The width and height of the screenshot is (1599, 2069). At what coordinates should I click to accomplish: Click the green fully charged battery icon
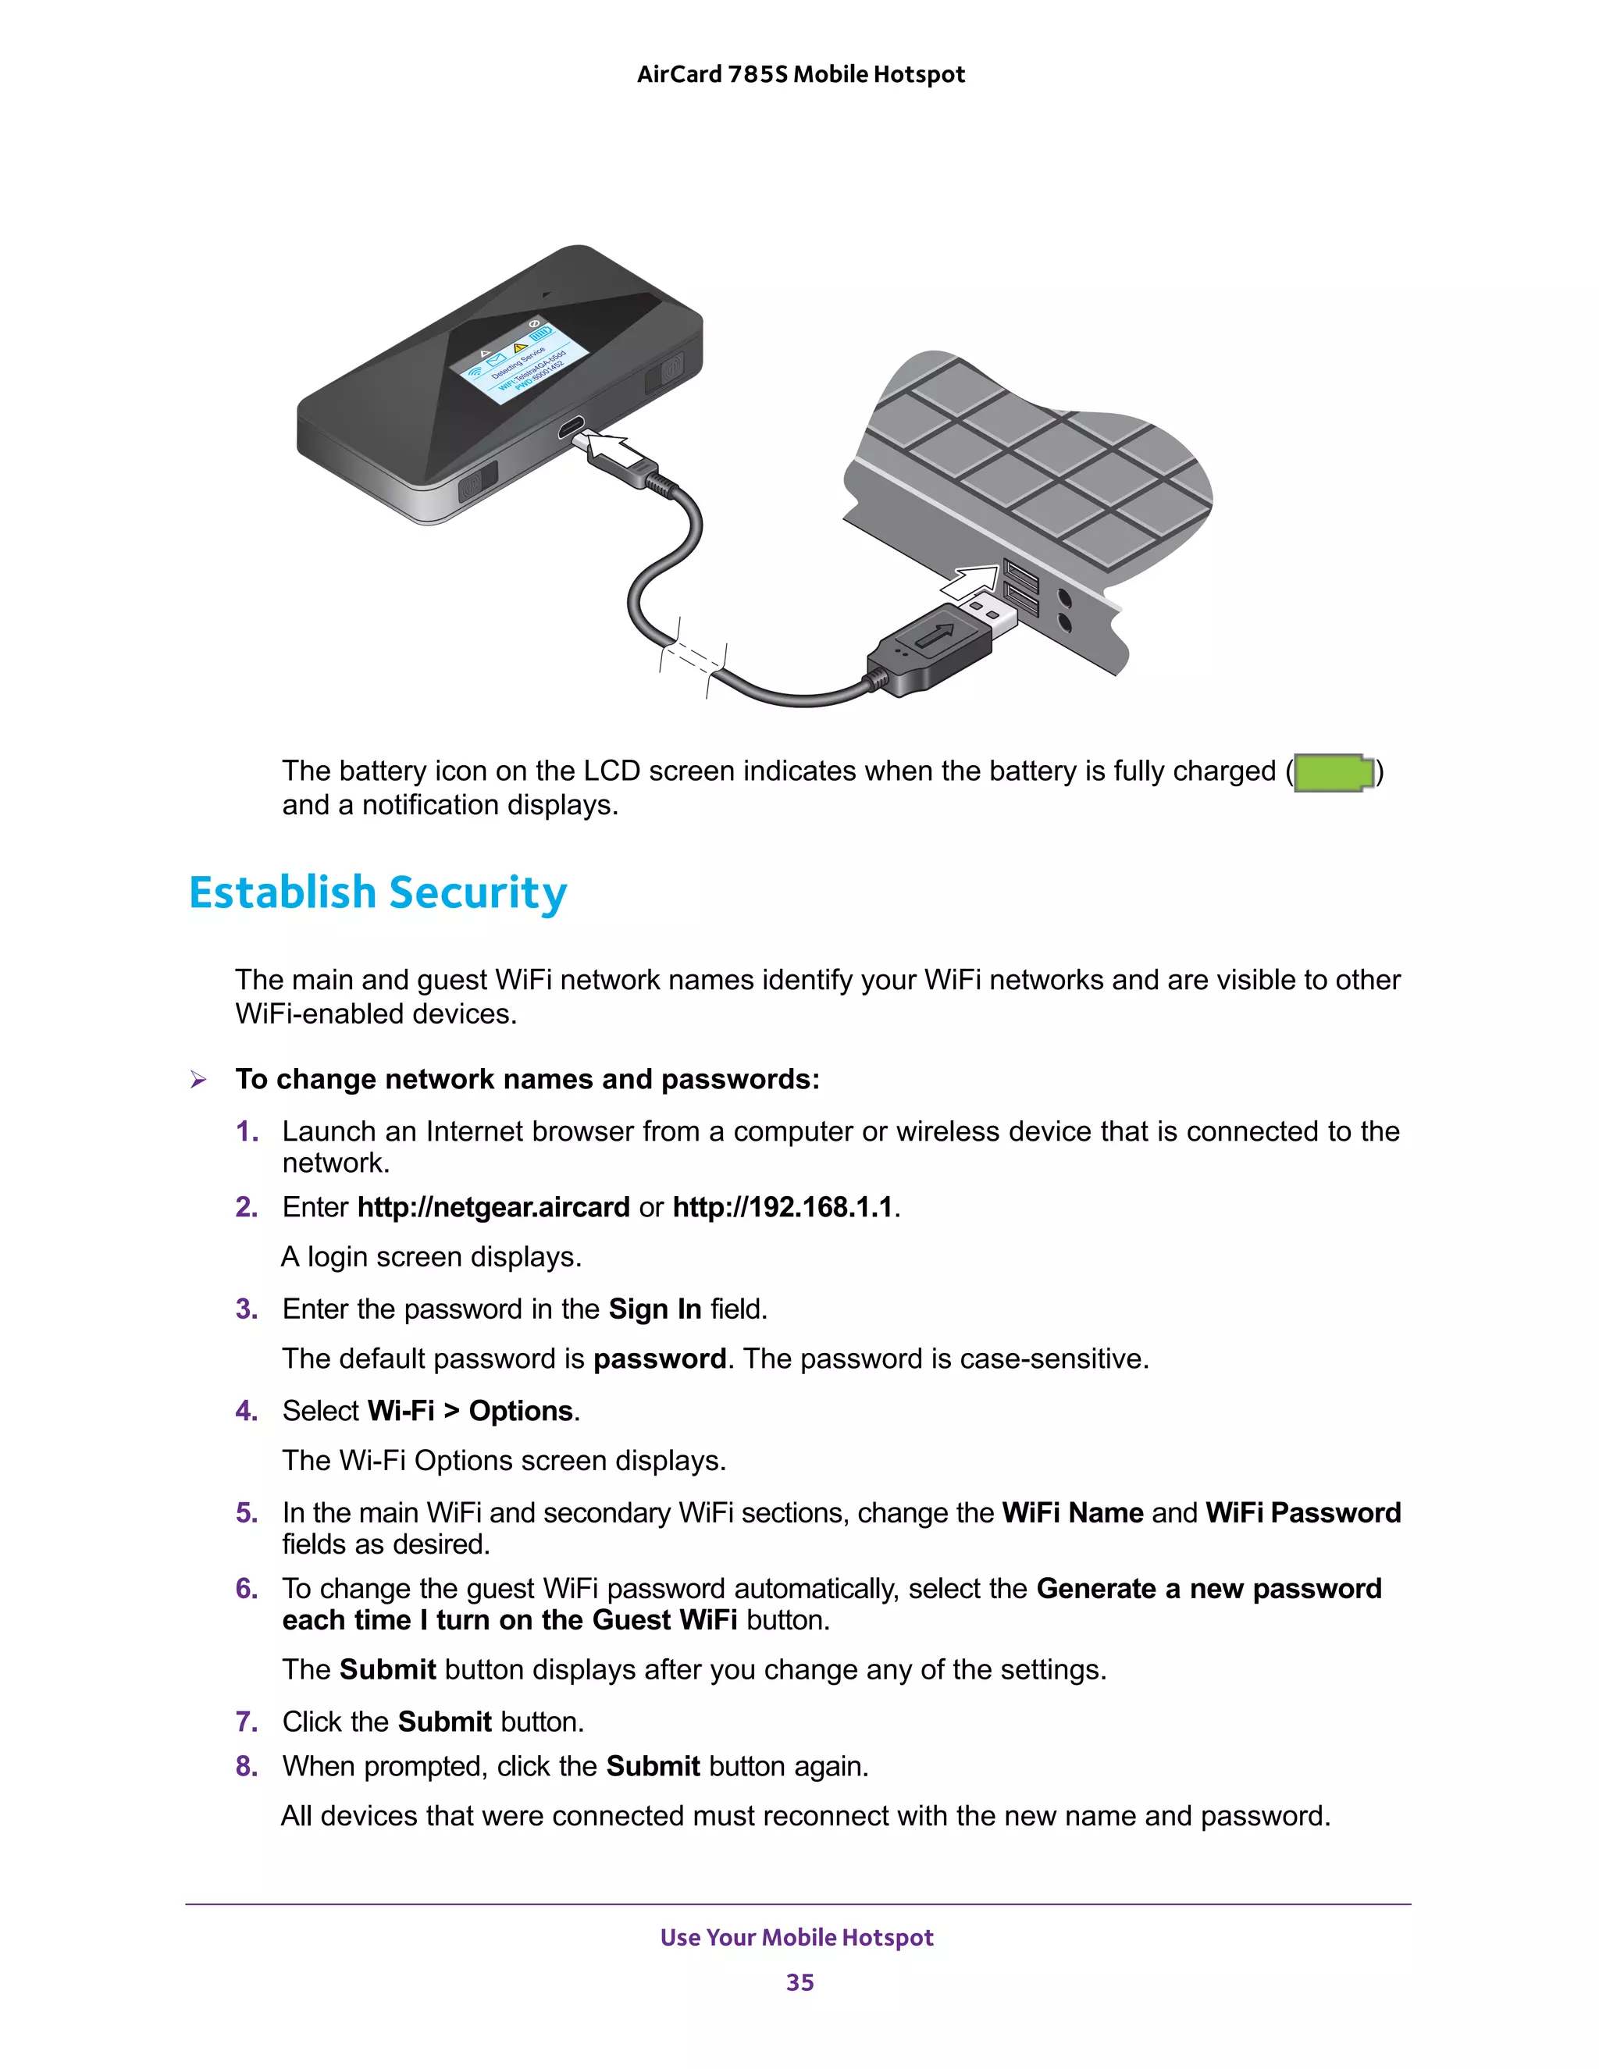(x=1334, y=772)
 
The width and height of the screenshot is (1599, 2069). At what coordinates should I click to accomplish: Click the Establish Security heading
(x=378, y=893)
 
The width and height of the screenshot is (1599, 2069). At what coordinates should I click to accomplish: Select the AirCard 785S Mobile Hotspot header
(x=800, y=74)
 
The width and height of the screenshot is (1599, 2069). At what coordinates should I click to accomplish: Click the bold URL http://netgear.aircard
(x=493, y=1207)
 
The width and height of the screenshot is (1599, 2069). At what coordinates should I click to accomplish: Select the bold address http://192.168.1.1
(x=782, y=1207)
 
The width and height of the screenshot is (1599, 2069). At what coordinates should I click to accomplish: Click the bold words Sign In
(x=654, y=1309)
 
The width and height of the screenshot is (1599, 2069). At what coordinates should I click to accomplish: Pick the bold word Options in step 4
(x=521, y=1411)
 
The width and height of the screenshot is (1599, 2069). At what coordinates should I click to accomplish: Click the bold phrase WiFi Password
(x=1302, y=1512)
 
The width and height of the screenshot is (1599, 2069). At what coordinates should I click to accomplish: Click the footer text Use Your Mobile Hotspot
(x=796, y=1937)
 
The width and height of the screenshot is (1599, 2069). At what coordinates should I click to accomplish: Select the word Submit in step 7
(x=444, y=1722)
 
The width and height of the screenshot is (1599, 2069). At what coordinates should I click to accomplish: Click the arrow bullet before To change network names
(x=198, y=1079)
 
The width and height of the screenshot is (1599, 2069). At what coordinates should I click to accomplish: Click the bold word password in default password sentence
(x=659, y=1359)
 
